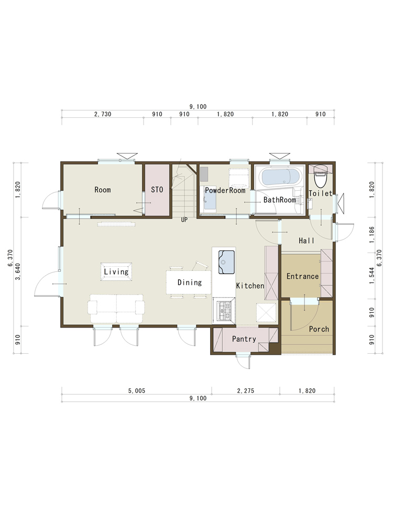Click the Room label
pos(102,190)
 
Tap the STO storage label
pos(157,190)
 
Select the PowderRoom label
pos(225,191)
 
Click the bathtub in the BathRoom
pos(282,177)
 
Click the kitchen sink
pos(226,262)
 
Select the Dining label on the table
pos(190,282)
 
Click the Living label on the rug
pos(116,271)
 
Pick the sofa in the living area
pos(116,309)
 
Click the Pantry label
pos(244,339)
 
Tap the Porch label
pos(319,329)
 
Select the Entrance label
pos(302,276)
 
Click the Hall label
pos(307,241)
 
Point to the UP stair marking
pos(184,220)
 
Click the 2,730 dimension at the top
pos(103,114)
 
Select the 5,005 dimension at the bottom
pos(137,391)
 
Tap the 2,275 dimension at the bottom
pos(246,391)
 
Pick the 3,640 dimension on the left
pos(18,271)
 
